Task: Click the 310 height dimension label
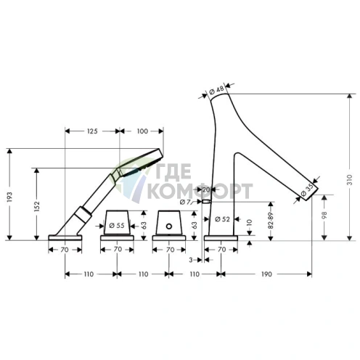point(350,179)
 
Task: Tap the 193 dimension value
point(9,197)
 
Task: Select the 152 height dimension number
point(37,206)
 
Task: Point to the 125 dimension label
point(92,131)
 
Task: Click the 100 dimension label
point(142,131)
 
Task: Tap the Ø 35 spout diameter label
point(307,190)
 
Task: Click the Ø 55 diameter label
point(117,226)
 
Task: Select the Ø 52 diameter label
point(222,219)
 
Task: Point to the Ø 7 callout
point(185,202)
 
